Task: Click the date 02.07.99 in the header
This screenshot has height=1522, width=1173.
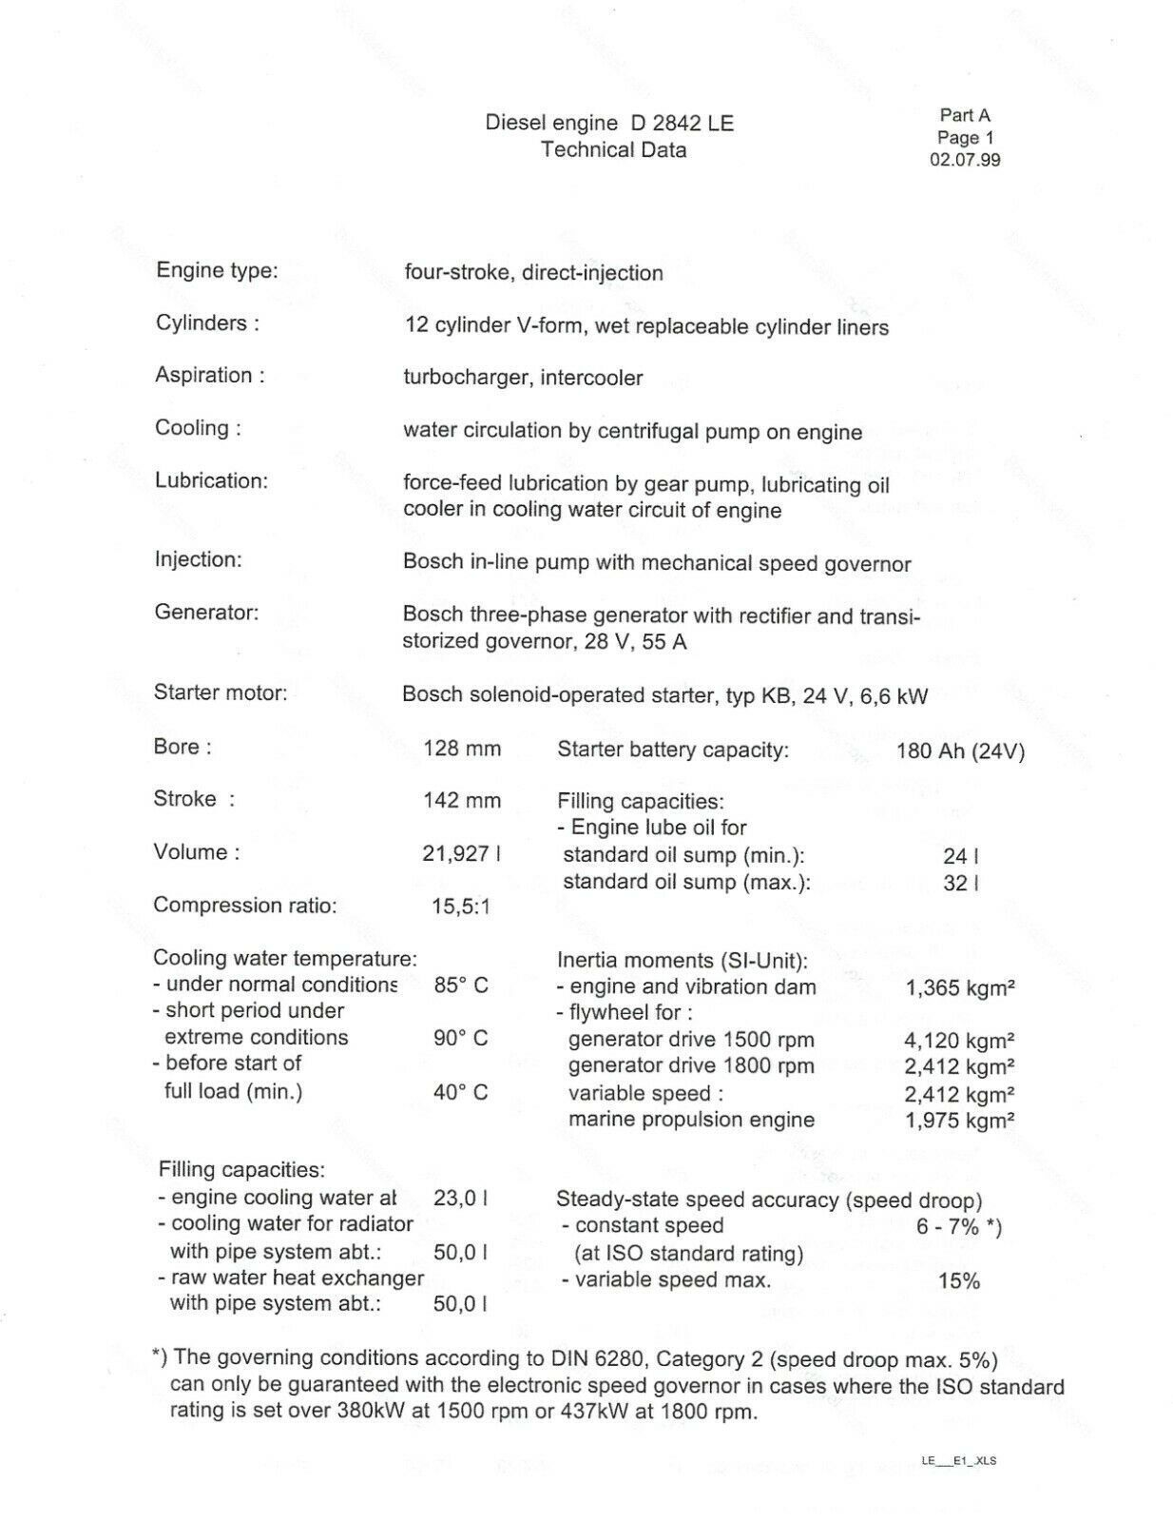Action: click(964, 160)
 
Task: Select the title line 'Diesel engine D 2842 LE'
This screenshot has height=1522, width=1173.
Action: click(609, 123)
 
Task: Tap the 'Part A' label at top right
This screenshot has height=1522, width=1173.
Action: click(965, 115)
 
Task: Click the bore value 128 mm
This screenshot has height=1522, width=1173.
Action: click(462, 749)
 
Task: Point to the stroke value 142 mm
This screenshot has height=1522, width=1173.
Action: click(462, 801)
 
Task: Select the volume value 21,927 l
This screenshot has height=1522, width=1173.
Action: click(461, 853)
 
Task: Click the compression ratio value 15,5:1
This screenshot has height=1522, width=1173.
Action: click(461, 907)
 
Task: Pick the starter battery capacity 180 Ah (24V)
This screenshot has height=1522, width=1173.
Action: click(960, 751)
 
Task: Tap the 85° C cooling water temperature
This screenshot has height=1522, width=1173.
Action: click(461, 985)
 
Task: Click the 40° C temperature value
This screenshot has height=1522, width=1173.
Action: click(461, 1092)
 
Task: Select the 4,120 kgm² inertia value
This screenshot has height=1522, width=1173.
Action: click(959, 1041)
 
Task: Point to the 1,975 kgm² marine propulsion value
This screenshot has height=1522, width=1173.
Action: click(959, 1121)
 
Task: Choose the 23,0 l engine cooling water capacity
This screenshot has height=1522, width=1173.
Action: click(461, 1198)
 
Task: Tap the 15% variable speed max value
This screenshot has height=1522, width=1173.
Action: click(958, 1281)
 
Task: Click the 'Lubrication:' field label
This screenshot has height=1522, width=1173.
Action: click(212, 480)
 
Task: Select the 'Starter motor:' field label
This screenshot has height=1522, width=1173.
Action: click(221, 693)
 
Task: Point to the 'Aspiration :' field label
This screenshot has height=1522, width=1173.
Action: click(210, 375)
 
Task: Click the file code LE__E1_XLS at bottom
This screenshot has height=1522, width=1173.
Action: click(958, 1460)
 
